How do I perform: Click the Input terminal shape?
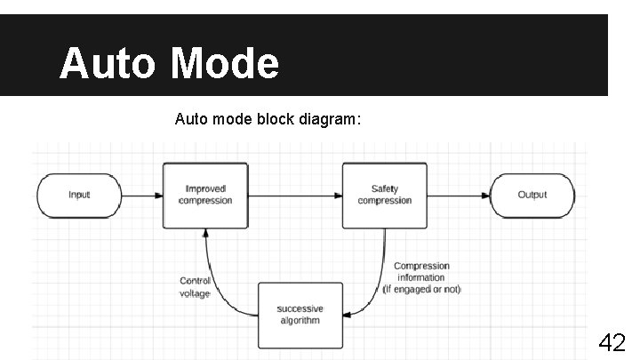(x=79, y=195)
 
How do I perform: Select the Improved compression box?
(x=205, y=195)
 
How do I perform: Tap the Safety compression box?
(x=385, y=195)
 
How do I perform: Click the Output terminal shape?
(x=532, y=195)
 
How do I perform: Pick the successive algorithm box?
(x=300, y=316)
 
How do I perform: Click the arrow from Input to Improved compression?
(x=141, y=195)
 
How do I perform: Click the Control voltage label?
(x=196, y=287)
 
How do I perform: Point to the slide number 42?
(x=612, y=341)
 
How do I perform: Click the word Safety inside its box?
(x=385, y=188)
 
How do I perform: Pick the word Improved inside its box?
(x=205, y=188)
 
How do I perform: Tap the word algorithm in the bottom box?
(x=300, y=321)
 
